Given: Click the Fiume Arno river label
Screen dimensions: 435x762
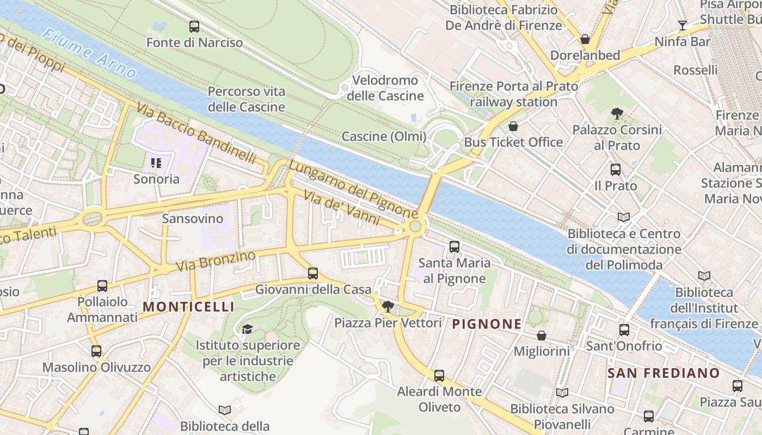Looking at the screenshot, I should pos(90,54).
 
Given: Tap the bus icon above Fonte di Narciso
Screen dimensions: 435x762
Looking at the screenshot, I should pos(194,26).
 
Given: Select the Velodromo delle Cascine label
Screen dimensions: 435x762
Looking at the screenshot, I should pos(388,88).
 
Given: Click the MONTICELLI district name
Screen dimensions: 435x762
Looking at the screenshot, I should pos(188,307).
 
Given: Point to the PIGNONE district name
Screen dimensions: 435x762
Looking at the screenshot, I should pos(487,324).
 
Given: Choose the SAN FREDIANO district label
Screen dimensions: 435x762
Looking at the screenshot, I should pos(663,373).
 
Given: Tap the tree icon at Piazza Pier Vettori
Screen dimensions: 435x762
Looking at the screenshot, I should pos(388,307).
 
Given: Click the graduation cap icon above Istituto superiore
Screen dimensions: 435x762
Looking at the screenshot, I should pos(247,329).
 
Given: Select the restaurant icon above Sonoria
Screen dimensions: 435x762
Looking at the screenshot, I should pos(156,163).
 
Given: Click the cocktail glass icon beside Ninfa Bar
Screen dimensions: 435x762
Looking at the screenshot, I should pos(682,25).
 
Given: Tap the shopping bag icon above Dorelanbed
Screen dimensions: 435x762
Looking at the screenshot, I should pos(585,39).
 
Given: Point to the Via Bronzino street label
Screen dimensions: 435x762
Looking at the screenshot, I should pos(216,261).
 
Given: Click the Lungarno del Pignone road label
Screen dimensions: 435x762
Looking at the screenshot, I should pos(353,188).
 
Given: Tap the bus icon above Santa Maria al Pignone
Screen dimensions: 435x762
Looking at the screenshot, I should pos(454,247).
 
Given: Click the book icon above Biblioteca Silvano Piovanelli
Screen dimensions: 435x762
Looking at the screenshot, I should pos(562,393).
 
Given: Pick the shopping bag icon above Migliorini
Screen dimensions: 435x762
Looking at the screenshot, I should pos(541,335).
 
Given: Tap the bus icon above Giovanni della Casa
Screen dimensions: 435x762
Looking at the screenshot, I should pos(313,274).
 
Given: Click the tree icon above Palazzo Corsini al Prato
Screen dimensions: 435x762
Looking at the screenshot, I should pos(617,114).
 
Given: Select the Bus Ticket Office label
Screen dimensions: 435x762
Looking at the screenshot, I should pos(513,142).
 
